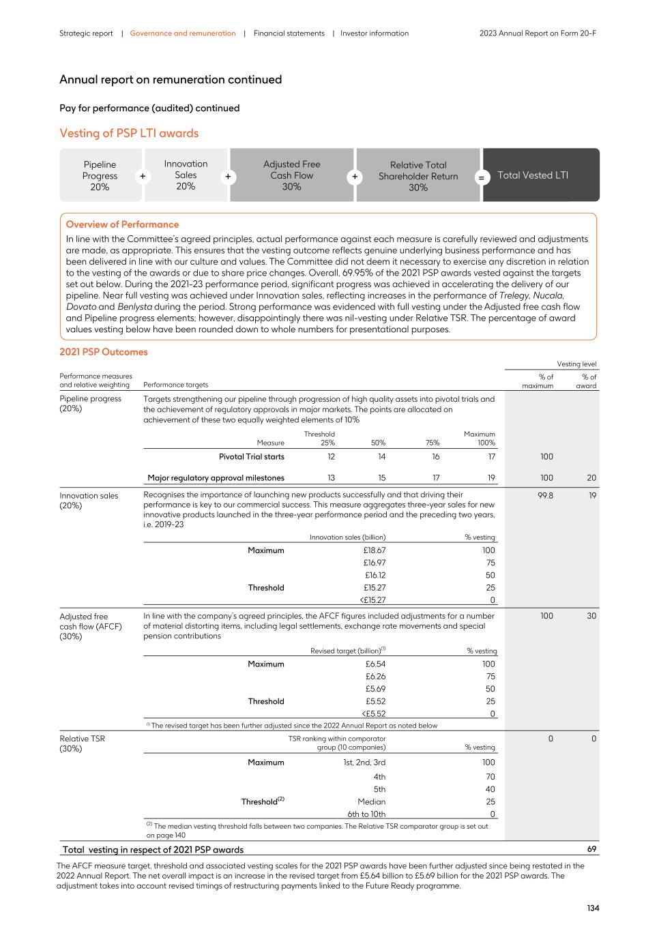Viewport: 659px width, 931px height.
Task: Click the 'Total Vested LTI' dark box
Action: (x=540, y=175)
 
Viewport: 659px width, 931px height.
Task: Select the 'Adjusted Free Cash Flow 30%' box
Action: (x=291, y=175)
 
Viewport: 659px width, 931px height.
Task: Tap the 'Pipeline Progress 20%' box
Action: (x=100, y=175)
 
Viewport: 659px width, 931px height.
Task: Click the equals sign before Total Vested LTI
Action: (x=481, y=177)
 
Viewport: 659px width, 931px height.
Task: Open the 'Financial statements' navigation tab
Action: (x=289, y=33)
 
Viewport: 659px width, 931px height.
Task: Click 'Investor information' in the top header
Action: (x=375, y=33)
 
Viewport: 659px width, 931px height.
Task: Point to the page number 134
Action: (x=592, y=908)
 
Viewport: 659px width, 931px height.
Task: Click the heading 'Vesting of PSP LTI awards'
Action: (x=129, y=133)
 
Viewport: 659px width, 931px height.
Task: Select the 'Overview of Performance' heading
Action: (x=122, y=224)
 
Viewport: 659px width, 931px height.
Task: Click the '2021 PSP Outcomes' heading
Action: (x=103, y=352)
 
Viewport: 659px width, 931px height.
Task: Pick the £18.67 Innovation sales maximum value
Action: (x=374, y=550)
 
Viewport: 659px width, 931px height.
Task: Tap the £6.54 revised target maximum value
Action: (x=375, y=664)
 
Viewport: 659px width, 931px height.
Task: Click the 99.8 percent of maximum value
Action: (x=545, y=496)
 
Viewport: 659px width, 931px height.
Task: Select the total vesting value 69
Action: (x=591, y=849)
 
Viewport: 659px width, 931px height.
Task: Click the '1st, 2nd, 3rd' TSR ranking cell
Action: (x=364, y=763)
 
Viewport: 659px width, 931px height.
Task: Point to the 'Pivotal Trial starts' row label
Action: (x=251, y=456)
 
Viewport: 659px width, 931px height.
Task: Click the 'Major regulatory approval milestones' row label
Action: (x=216, y=477)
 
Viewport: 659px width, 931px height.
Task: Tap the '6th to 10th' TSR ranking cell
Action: (x=366, y=814)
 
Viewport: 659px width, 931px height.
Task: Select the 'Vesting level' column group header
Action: (x=576, y=364)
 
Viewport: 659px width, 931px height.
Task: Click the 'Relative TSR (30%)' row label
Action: (x=82, y=743)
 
